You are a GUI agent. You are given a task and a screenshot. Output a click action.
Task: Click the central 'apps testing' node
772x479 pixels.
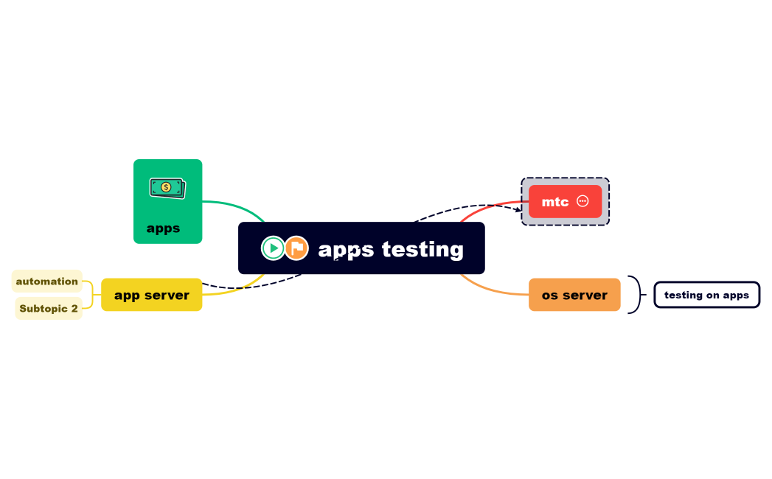click(361, 248)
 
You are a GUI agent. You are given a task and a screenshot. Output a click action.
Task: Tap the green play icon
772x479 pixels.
click(273, 248)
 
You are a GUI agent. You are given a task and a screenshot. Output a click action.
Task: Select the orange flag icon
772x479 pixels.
click(296, 248)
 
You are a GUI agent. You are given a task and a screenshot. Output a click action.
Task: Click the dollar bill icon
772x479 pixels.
click(167, 188)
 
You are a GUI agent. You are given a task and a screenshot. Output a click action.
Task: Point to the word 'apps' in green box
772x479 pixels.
click(163, 228)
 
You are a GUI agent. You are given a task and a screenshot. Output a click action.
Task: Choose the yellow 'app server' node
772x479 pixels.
click(151, 295)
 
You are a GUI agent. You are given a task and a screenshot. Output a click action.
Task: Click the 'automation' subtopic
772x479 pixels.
click(46, 281)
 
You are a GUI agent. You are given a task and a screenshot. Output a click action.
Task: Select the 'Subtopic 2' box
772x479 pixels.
click(48, 309)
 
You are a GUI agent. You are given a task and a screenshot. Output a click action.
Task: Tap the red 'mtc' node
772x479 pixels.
click(565, 201)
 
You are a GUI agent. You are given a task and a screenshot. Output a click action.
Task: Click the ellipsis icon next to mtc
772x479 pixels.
click(583, 201)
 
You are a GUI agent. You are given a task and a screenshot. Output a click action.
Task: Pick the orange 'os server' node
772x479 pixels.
click(574, 295)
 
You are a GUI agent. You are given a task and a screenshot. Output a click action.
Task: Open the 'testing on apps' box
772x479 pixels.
click(706, 295)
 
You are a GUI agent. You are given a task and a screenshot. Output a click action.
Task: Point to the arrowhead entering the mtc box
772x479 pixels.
click(518, 210)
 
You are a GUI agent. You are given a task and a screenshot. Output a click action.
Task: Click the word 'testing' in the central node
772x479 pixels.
click(422, 249)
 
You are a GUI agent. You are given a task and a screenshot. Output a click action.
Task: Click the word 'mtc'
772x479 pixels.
click(554, 202)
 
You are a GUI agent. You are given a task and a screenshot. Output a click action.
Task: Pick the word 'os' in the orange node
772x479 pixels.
click(550, 295)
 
